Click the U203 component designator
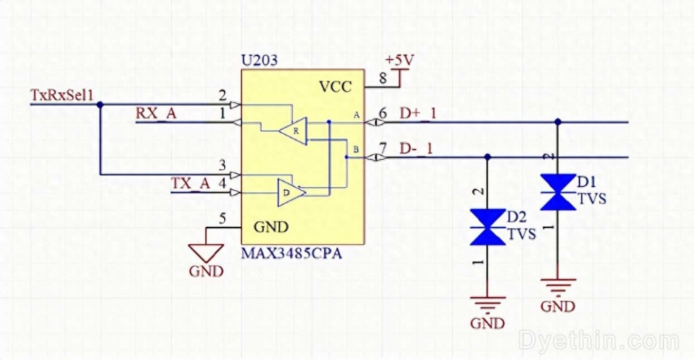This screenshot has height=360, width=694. (x=259, y=60)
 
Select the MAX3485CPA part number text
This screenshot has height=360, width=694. (x=291, y=254)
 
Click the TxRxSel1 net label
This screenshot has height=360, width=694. (x=62, y=95)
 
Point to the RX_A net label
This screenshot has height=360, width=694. (x=155, y=114)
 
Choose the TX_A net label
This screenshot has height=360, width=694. (x=190, y=183)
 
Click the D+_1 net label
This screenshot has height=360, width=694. (x=418, y=113)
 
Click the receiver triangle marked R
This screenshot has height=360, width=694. (x=293, y=130)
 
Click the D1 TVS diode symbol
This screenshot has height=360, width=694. (x=558, y=192)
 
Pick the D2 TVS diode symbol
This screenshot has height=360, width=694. (x=487, y=227)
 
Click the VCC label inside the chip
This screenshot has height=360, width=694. (x=335, y=87)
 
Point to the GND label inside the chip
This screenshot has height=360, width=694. (x=271, y=227)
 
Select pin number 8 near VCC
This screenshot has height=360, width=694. (x=382, y=78)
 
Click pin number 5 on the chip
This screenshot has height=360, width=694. (x=222, y=219)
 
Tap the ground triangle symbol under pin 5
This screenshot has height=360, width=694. (x=206, y=252)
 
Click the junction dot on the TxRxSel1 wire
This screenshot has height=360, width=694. (x=100, y=105)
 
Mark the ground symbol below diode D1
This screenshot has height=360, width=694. (x=558, y=286)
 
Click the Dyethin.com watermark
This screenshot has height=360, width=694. (x=598, y=341)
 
